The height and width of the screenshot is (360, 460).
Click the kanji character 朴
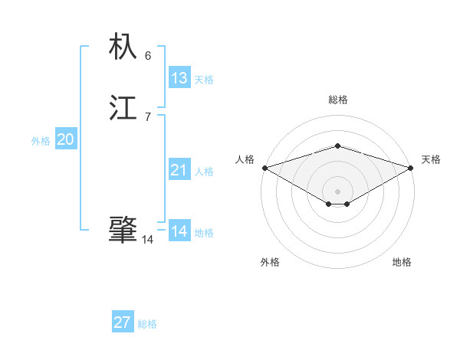123,47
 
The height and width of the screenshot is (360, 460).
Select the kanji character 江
123,108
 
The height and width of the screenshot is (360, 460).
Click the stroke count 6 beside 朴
148,56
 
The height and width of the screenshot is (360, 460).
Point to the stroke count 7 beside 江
148,116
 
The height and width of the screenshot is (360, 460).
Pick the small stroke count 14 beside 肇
148,240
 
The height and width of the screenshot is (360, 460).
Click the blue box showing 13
179,78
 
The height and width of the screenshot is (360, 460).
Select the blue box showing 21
179,170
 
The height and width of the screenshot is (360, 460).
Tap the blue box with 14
179,231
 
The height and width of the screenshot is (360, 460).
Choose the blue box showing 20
66,139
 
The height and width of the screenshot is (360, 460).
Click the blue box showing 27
123,322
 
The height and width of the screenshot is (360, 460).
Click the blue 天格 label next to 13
204,80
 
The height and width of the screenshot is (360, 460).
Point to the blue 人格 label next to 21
204,172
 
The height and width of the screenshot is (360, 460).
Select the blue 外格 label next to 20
41,141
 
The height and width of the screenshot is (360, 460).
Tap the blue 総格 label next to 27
147,324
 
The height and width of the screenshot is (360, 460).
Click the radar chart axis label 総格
338,100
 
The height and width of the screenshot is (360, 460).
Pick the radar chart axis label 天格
431,159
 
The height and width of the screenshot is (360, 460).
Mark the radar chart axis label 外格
270,262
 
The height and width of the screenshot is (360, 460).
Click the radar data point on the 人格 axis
264,167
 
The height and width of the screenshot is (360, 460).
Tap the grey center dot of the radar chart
337,191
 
